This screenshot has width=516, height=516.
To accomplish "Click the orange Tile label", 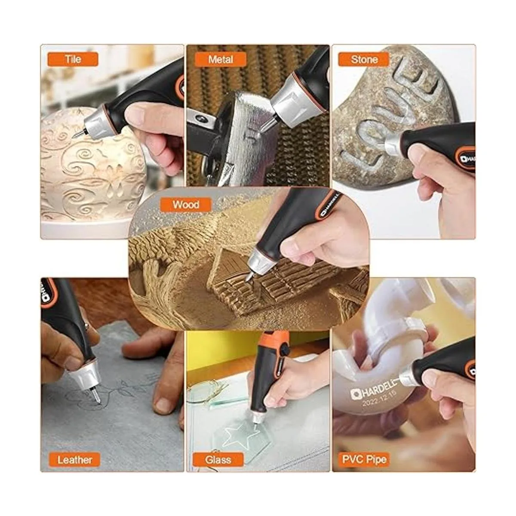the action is click(x=73, y=59).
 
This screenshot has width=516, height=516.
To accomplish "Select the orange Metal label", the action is click(x=221, y=59).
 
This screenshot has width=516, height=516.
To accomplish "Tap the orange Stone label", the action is click(x=364, y=59).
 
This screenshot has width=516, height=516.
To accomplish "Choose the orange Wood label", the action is click(x=186, y=205).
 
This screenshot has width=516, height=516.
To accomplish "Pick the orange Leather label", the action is click(x=74, y=460).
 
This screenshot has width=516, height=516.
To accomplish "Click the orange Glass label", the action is click(x=218, y=460).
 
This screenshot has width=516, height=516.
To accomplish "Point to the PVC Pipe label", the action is click(x=364, y=460).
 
